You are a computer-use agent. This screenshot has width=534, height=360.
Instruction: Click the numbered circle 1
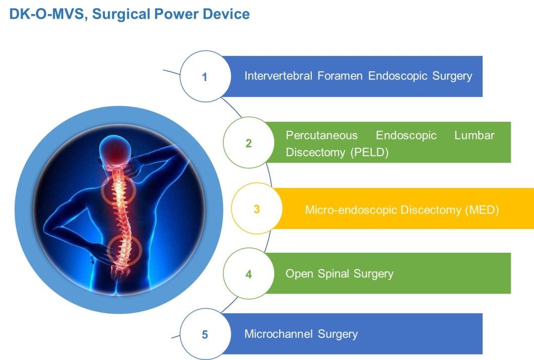(205, 77)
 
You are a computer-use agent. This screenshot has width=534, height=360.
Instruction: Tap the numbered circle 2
(248, 143)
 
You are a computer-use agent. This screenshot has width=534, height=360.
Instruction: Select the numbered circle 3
(256, 208)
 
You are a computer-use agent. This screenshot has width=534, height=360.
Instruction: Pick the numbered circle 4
(248, 274)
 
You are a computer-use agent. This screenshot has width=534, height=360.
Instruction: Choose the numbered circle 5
(205, 334)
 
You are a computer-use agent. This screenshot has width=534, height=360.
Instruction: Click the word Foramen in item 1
(341, 76)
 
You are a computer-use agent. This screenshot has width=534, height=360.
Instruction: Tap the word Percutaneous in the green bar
(321, 135)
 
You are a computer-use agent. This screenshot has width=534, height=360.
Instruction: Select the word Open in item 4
(300, 274)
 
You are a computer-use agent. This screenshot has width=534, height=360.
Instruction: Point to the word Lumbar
(474, 135)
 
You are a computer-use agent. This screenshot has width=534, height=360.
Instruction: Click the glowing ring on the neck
(119, 190)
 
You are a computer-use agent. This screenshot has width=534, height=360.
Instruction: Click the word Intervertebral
(278, 76)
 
